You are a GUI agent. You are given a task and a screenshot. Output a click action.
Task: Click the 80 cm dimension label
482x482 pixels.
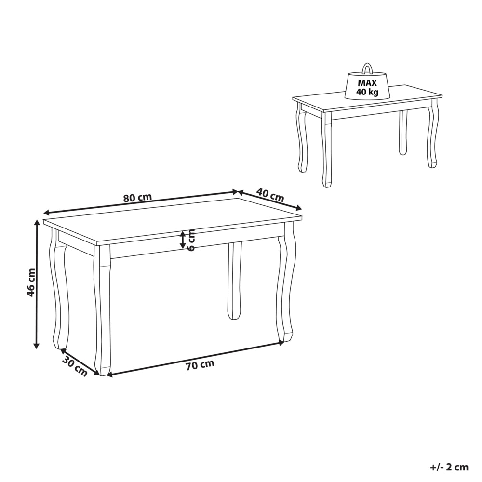pyautogui.click(x=138, y=197)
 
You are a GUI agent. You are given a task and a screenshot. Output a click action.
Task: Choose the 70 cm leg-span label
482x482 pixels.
pyautogui.click(x=200, y=365)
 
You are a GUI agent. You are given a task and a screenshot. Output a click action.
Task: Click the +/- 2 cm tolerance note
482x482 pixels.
pyautogui.click(x=449, y=467)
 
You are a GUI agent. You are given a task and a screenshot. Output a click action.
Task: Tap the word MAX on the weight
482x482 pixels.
pyautogui.click(x=367, y=83)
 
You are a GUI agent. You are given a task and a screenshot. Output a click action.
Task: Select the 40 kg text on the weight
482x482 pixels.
pyautogui.click(x=367, y=92)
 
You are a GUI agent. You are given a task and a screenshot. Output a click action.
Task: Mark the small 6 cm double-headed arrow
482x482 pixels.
pyautogui.click(x=183, y=240)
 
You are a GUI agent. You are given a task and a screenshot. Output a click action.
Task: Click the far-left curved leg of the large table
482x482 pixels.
pyautogui.click(x=58, y=289)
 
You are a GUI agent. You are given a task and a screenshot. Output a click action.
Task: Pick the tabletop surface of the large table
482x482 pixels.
pyautogui.click(x=172, y=222)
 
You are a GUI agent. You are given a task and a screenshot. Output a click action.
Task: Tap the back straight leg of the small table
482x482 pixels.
pyautogui.click(x=403, y=132)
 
